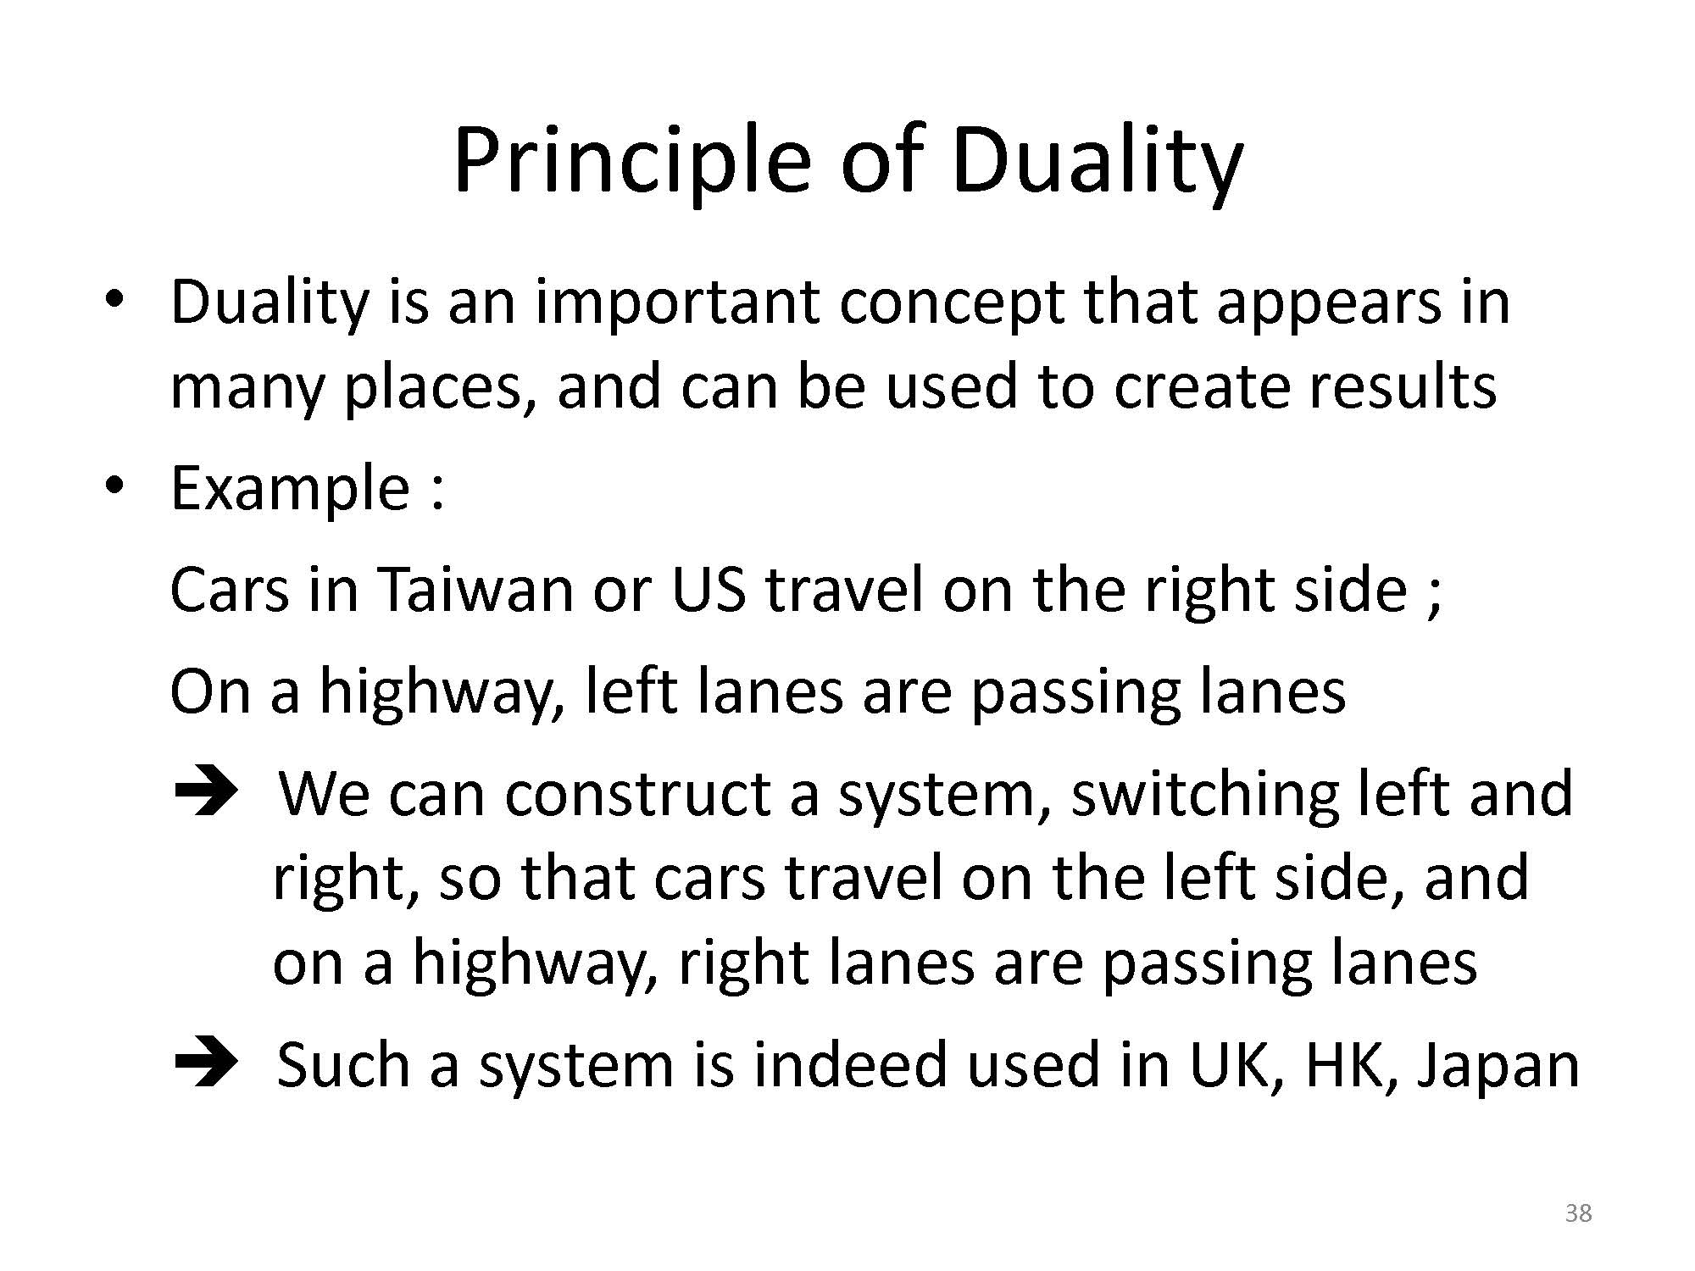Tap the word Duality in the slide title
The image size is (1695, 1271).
tap(1096, 161)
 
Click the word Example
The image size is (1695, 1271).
tap(291, 489)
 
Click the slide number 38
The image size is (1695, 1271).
tap(1578, 1213)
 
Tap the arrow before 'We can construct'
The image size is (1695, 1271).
tap(206, 795)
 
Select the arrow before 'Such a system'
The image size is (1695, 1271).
tap(206, 1066)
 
